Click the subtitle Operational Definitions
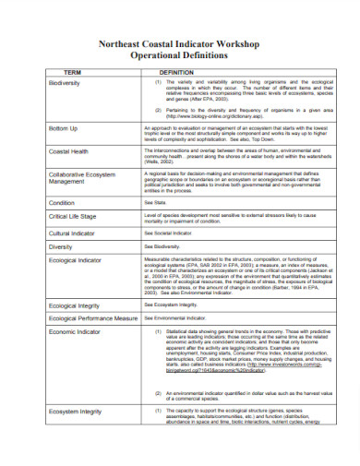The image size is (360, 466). coord(180,54)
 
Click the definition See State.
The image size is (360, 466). coord(153,201)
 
